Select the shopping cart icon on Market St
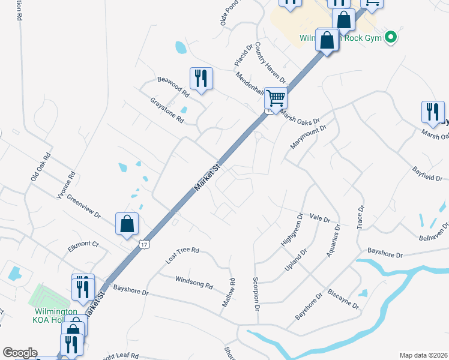[276, 98]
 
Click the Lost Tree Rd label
[182, 255]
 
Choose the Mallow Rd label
[228, 293]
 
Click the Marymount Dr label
[307, 137]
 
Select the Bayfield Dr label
[427, 174]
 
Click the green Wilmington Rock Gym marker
[391, 37]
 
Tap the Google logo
[20, 353]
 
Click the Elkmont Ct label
[83, 244]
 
